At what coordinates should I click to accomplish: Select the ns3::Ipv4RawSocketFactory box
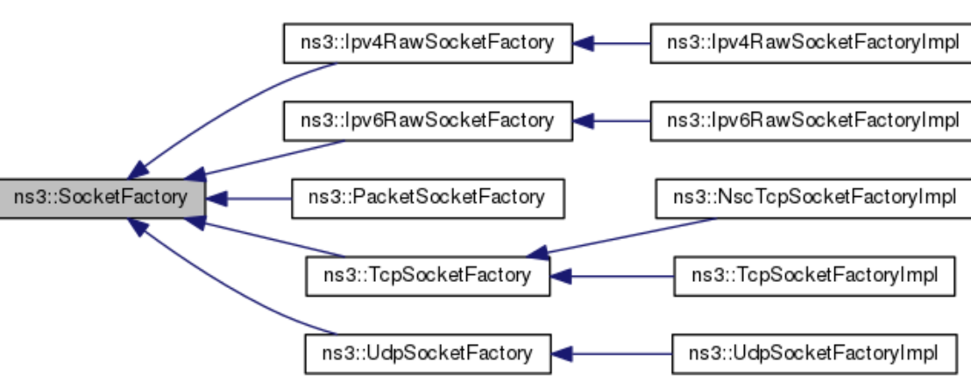(x=427, y=43)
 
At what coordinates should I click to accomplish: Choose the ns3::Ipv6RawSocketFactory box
(x=427, y=120)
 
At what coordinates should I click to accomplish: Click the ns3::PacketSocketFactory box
(x=427, y=197)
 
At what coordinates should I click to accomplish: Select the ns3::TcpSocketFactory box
(x=427, y=276)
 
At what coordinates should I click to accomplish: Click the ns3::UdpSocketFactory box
(x=427, y=353)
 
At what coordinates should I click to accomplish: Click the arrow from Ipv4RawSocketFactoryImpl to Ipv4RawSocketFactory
(x=613, y=43)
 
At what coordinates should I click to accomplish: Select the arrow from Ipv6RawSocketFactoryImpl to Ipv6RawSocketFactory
(x=613, y=120)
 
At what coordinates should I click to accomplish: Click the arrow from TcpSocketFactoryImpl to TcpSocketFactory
(x=613, y=276)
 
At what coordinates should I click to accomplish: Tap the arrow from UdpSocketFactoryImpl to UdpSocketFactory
(x=613, y=353)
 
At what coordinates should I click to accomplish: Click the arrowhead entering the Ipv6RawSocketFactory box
(x=582, y=120)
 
